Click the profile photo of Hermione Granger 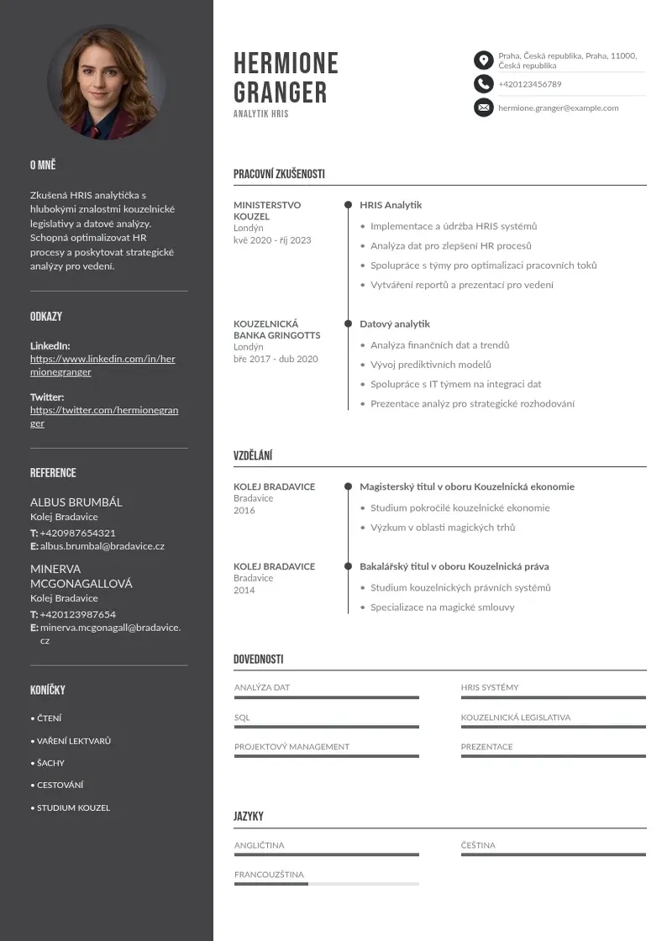(107, 81)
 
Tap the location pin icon (483, 60)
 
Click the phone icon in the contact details (483, 83)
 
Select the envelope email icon (483, 108)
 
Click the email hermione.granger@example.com (558, 108)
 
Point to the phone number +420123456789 (529, 84)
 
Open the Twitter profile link (104, 417)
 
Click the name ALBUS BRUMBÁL (76, 502)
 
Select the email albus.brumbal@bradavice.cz (102, 546)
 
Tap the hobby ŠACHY (50, 763)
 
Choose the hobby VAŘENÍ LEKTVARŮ (74, 741)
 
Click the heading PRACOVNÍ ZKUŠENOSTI (279, 174)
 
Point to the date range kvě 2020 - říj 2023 (272, 240)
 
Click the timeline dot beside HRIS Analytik (348, 205)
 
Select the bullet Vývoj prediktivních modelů (430, 365)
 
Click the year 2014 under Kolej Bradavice (244, 590)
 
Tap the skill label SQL (242, 718)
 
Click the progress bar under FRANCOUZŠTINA (326, 884)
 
